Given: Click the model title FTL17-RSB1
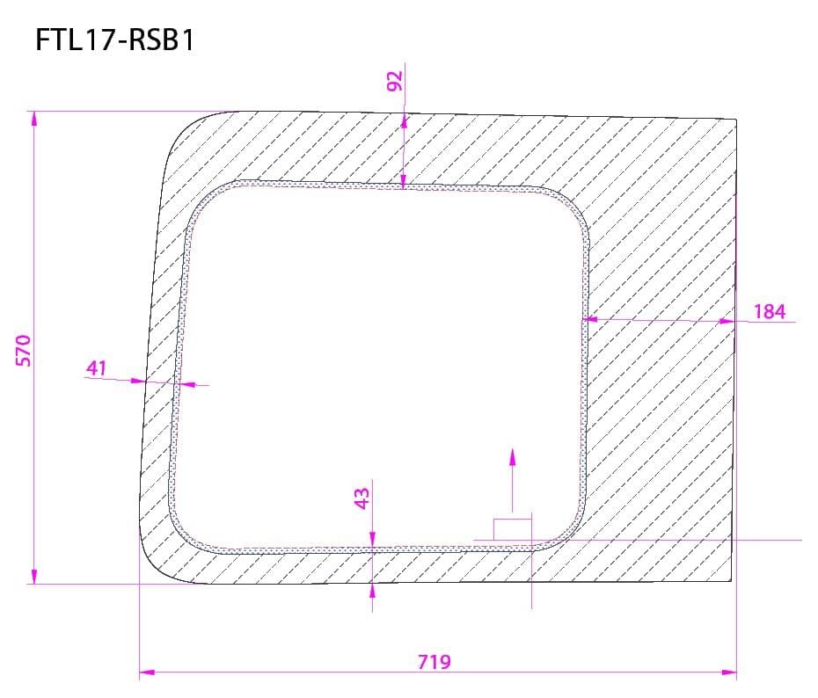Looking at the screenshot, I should [114, 40].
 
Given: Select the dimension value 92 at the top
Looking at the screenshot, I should [394, 80].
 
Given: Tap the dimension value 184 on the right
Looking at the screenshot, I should [769, 311].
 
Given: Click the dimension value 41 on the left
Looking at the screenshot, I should [96, 367].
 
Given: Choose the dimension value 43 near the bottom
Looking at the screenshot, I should [362, 498].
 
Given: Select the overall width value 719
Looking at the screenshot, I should [435, 661].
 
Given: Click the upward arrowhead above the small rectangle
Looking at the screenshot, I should [513, 455].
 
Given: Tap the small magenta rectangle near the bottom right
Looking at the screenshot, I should [512, 528].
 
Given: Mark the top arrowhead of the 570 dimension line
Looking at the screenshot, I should [33, 119].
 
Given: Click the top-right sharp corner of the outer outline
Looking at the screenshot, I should [735, 118].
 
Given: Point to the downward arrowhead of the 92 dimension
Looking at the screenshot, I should [403, 181].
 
